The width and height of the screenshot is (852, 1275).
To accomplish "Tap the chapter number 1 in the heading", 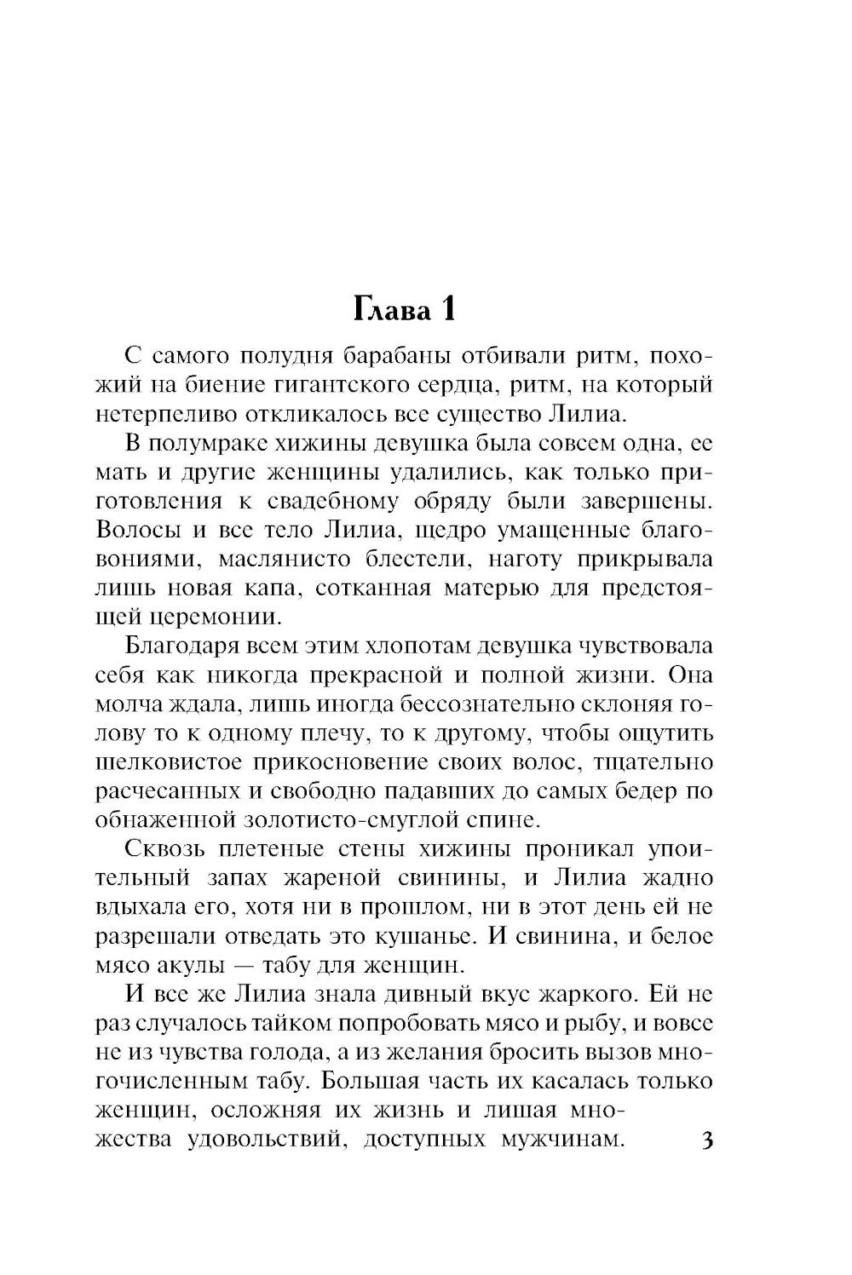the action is [x=446, y=310].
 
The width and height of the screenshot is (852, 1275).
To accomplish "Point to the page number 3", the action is [x=705, y=1140].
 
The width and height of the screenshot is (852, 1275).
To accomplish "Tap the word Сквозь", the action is [x=163, y=850].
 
